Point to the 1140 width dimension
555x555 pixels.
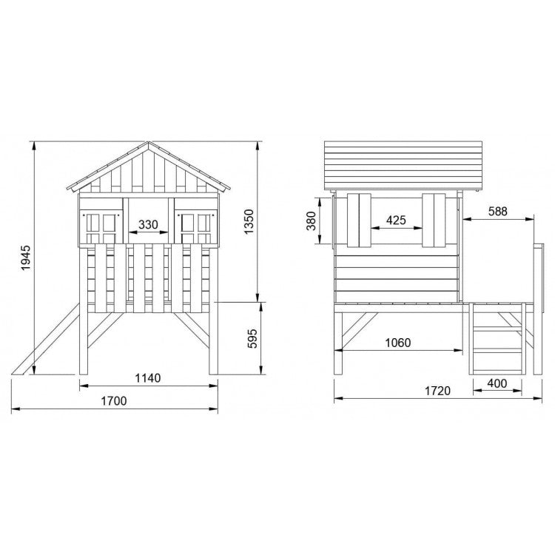(147, 377)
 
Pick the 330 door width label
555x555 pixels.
(147, 223)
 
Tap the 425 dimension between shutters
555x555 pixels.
(396, 220)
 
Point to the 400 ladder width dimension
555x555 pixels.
(498, 383)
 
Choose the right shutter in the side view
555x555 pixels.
(434, 220)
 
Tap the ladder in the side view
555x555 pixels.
(497, 340)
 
